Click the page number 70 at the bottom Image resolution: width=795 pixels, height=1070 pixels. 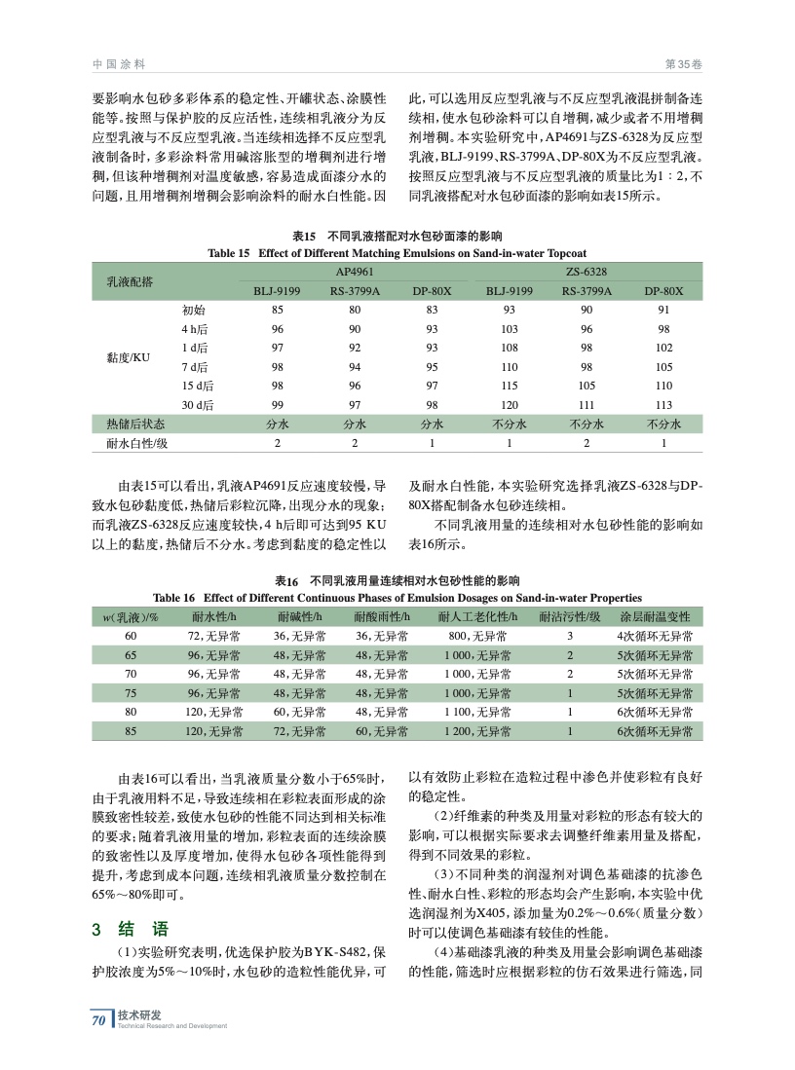click(x=97, y=1019)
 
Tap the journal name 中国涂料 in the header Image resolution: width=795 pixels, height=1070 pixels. click(x=119, y=63)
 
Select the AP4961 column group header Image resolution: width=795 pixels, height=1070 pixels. click(x=355, y=273)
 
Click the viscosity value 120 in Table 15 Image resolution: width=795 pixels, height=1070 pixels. click(x=509, y=404)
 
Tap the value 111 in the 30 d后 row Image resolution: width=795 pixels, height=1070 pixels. click(x=587, y=404)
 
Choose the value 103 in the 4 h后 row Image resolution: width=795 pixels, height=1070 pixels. click(x=509, y=329)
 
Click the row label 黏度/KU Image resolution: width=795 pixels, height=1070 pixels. click(x=128, y=357)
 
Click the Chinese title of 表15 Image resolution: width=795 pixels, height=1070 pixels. click(x=397, y=237)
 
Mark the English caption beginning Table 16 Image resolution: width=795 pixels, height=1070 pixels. click(x=397, y=597)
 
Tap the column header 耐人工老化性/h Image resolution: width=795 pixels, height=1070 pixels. click(x=477, y=616)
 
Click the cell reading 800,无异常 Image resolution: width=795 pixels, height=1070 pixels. click(x=477, y=636)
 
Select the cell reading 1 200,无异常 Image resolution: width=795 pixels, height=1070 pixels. click(x=477, y=730)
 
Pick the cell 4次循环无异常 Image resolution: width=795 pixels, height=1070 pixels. click(x=655, y=636)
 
